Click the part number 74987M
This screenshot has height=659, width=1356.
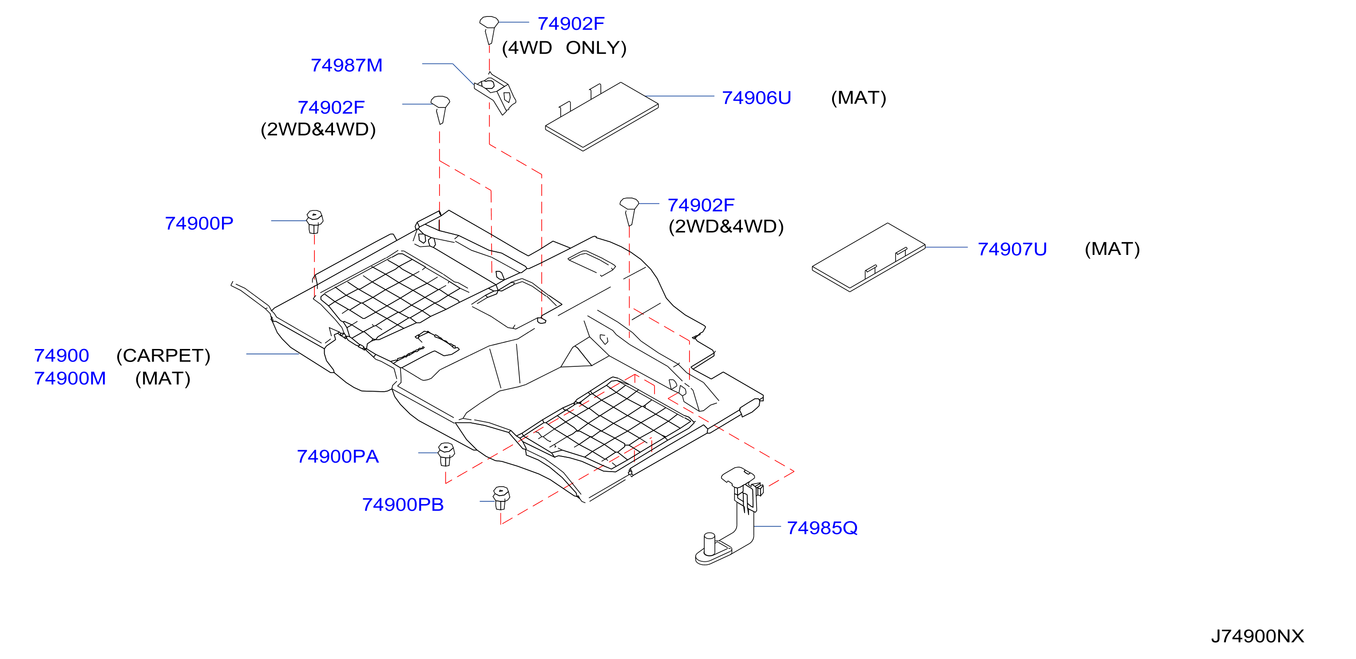[346, 65]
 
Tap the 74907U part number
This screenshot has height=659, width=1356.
[1012, 249]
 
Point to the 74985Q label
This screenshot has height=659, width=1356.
[822, 528]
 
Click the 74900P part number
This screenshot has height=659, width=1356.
[199, 223]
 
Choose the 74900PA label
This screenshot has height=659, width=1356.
[337, 457]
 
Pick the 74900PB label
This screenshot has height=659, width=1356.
[403, 505]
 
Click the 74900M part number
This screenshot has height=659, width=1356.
[70, 378]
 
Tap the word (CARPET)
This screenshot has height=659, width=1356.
[163, 356]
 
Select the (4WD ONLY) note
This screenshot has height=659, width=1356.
[564, 48]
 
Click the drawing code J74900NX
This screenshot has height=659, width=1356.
[1257, 636]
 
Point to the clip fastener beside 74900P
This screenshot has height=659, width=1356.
[314, 222]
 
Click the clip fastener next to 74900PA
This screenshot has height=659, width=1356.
[446, 454]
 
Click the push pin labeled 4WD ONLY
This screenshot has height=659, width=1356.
[489, 29]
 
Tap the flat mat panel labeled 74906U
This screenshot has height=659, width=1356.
[602, 116]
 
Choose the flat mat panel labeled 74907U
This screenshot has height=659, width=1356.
[868, 257]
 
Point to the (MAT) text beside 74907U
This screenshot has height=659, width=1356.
[1112, 249]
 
